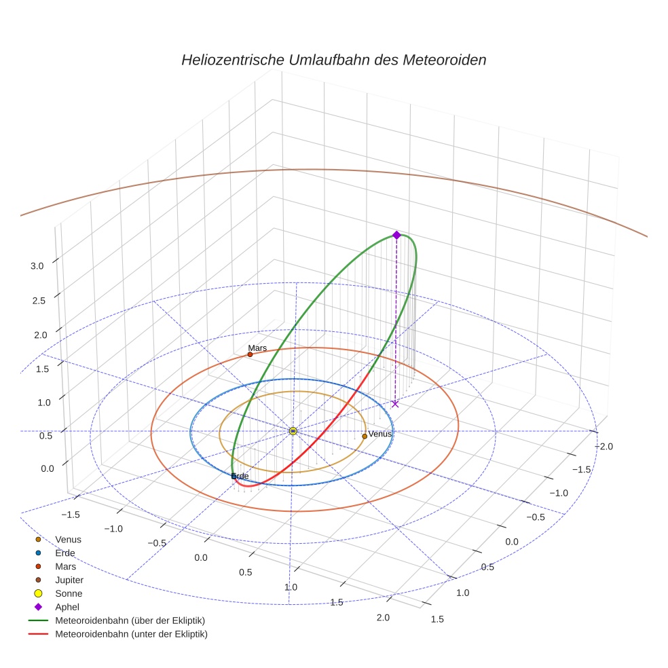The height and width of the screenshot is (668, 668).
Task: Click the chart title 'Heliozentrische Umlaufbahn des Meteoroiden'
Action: (333, 60)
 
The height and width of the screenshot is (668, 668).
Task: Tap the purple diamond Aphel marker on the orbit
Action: (396, 235)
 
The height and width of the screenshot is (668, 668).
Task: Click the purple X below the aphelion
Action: (395, 404)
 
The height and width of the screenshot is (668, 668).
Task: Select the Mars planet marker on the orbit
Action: (250, 354)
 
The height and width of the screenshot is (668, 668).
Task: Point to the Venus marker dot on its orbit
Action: (365, 436)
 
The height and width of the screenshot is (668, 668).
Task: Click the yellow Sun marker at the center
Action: (293, 431)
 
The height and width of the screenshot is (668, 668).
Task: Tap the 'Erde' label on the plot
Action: (240, 477)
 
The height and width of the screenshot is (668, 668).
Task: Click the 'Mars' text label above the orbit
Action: (257, 348)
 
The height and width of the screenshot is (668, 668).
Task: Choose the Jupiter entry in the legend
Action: (69, 580)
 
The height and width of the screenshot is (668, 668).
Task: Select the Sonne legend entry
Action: (69, 593)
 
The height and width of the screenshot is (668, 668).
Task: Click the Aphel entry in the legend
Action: (67, 607)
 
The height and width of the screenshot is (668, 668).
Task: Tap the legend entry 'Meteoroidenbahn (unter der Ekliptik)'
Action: (131, 634)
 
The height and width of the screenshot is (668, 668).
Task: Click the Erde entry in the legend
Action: (64, 553)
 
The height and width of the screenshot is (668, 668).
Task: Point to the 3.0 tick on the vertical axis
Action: (37, 266)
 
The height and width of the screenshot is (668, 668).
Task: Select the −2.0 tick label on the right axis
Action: (604, 446)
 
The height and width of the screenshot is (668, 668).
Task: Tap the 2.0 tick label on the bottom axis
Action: (383, 617)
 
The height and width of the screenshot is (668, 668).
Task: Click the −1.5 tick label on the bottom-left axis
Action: (71, 515)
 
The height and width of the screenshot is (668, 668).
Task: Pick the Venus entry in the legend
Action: (68, 539)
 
